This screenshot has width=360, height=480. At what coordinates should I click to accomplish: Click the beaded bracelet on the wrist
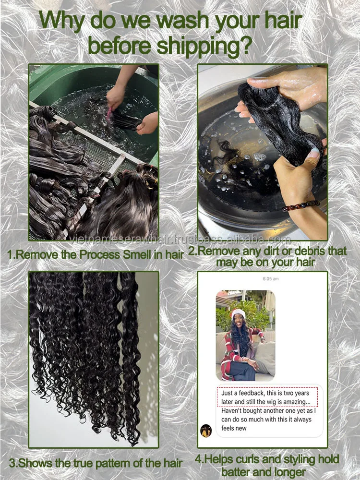tap(301, 205)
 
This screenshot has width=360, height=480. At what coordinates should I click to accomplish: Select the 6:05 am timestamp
tap(271, 279)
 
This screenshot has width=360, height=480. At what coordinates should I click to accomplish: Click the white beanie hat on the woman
tap(238, 313)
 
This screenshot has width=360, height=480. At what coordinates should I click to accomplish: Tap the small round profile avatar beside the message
tap(206, 431)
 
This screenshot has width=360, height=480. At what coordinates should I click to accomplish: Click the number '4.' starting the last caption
tap(199, 460)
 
